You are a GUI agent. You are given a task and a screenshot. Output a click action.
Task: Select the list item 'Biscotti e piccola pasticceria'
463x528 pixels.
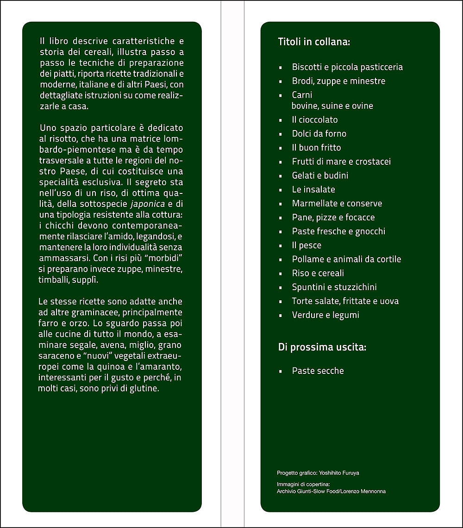point(347,67)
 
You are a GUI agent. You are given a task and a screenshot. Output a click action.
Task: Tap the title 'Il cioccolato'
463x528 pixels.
point(315,120)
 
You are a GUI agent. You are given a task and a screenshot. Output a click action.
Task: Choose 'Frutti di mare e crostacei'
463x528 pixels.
point(341,162)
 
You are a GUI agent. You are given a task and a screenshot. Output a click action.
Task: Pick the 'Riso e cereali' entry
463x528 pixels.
point(318,273)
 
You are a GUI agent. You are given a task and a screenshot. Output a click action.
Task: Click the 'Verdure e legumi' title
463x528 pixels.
point(325,315)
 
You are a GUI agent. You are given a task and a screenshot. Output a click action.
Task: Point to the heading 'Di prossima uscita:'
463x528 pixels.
point(322,347)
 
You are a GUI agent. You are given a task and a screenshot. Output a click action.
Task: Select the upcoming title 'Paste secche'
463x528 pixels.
point(318,371)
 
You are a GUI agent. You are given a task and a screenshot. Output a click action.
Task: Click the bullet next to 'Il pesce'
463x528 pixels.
point(281,246)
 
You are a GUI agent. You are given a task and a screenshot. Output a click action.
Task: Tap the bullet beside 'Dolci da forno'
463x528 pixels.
point(281,134)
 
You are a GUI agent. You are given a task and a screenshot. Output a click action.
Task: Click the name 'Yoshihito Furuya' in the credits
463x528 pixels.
point(339,473)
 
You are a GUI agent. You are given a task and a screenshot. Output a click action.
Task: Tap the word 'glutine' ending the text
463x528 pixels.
point(145,389)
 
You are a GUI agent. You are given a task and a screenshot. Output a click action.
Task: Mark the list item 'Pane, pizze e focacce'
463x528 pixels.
point(333,217)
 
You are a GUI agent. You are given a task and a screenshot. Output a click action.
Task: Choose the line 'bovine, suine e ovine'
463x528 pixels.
point(332,106)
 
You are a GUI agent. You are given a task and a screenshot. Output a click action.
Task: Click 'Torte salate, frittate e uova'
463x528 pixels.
point(345,301)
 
